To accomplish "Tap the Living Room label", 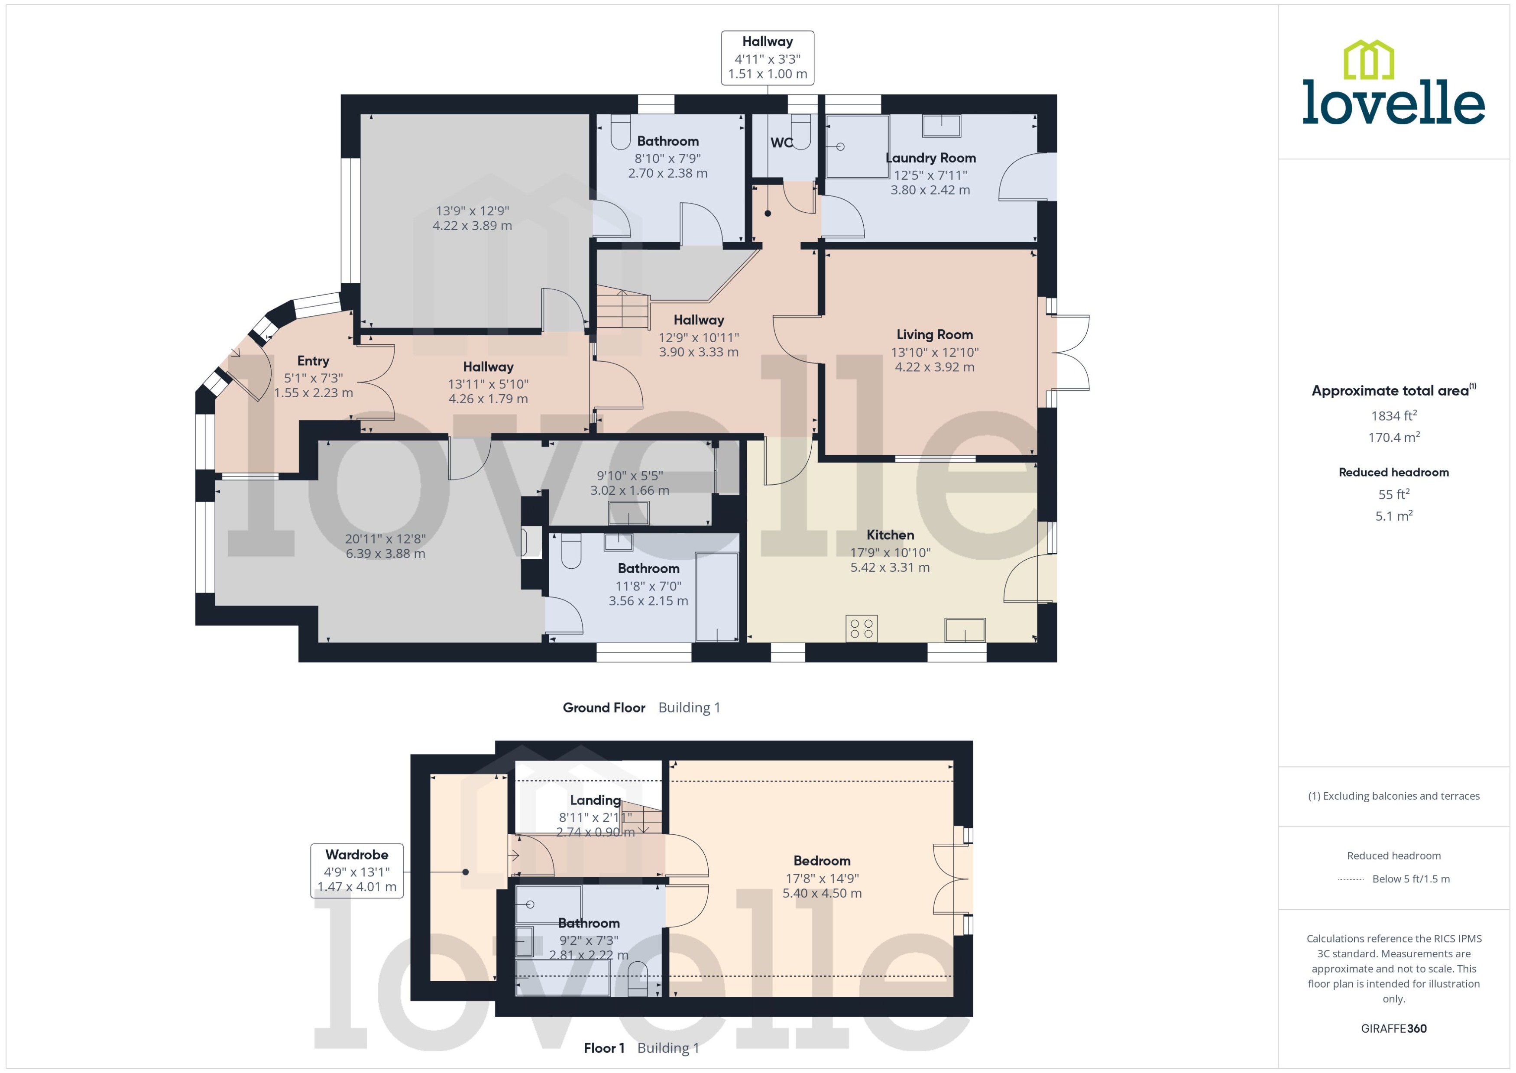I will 934,335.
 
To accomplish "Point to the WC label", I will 781,143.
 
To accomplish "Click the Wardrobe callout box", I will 357,871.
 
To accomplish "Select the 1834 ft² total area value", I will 1393,415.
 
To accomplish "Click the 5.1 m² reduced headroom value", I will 1393,516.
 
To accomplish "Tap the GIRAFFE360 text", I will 1393,1028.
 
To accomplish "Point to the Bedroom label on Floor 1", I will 822,861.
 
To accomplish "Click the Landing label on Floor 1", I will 595,800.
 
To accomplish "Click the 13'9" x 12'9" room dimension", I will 472,211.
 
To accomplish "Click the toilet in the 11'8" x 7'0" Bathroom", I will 571,552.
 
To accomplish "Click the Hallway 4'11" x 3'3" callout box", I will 767,58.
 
